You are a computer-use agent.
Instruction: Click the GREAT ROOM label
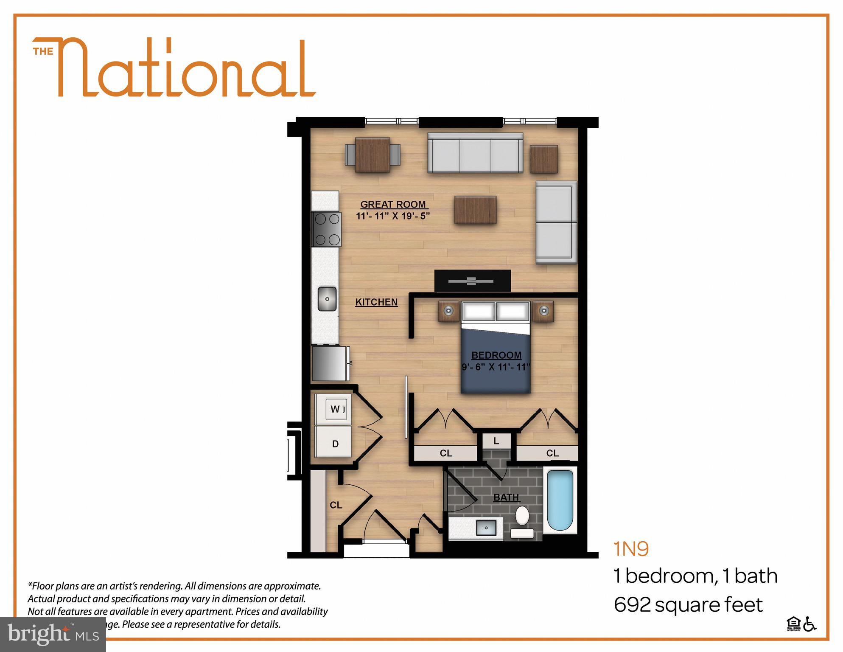(x=393, y=204)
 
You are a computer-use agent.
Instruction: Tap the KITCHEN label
(x=376, y=302)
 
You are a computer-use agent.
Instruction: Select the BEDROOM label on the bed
(x=496, y=355)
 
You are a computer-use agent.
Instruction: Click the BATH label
(x=506, y=497)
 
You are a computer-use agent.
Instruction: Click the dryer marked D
(x=335, y=444)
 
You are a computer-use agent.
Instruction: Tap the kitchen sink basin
(x=327, y=299)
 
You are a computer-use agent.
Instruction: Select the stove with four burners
(x=326, y=230)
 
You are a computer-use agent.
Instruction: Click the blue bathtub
(x=560, y=500)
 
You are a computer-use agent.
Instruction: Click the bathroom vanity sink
(x=486, y=528)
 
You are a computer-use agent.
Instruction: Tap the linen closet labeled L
(x=496, y=442)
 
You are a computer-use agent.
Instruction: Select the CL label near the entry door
(x=336, y=505)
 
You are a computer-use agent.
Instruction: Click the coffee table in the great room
(x=475, y=210)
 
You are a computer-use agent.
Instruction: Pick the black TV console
(x=472, y=281)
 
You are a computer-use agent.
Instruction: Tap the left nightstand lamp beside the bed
(x=448, y=311)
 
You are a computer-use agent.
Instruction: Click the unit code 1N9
(x=631, y=549)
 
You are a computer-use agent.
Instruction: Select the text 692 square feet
(x=688, y=605)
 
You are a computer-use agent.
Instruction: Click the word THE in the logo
(x=43, y=52)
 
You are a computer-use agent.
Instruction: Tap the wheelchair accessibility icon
(x=810, y=625)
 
